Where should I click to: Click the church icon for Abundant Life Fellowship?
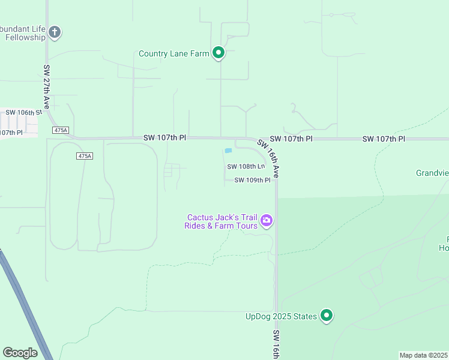(x=55, y=32)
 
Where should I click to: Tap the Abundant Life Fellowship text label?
(x=23, y=33)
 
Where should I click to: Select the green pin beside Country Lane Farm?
(x=218, y=53)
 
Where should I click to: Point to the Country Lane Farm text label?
(x=173, y=53)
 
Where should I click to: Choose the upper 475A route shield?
(x=61, y=130)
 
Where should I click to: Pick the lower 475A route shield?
(x=85, y=156)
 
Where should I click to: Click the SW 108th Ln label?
(x=246, y=167)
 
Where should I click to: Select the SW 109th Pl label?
(x=252, y=180)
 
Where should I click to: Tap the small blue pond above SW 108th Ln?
(x=228, y=151)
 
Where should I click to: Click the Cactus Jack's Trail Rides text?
(x=221, y=221)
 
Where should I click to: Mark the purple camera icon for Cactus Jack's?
(x=267, y=221)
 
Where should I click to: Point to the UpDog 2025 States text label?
(x=281, y=316)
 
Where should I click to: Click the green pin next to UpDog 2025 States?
(x=327, y=315)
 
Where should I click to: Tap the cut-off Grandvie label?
(x=432, y=173)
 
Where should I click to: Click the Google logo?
(x=20, y=353)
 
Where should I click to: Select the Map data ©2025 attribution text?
(x=424, y=355)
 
